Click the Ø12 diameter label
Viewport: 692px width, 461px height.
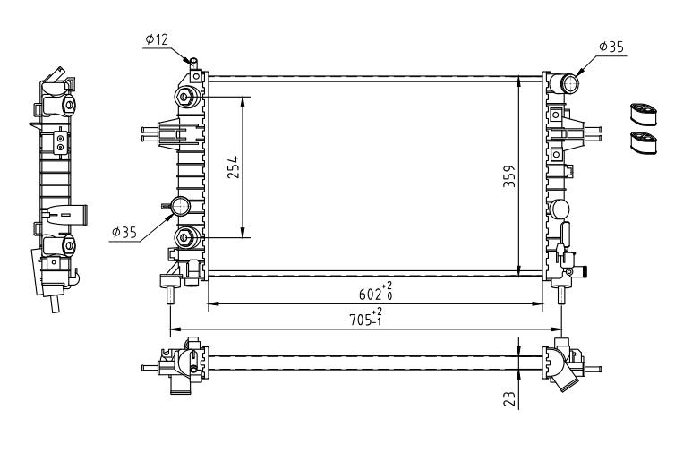[157, 39]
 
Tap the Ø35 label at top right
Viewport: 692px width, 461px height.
[611, 47]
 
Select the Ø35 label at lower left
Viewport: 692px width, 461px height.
[124, 232]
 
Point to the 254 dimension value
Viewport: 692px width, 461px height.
[234, 166]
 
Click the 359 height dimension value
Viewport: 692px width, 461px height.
[508, 176]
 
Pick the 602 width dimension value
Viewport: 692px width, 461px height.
[370, 295]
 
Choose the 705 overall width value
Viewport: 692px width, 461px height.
[360, 320]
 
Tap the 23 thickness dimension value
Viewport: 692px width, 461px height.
[509, 398]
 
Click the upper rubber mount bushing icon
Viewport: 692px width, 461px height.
[643, 115]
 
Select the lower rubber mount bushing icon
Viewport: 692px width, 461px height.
[643, 142]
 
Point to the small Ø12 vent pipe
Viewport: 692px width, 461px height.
[193, 63]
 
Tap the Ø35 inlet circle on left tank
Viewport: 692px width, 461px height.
[181, 206]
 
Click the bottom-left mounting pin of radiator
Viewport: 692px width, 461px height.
[170, 295]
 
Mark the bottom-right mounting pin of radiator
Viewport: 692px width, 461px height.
[561, 295]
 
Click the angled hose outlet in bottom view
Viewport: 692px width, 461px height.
[564, 376]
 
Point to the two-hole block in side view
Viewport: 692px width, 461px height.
[61, 142]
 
